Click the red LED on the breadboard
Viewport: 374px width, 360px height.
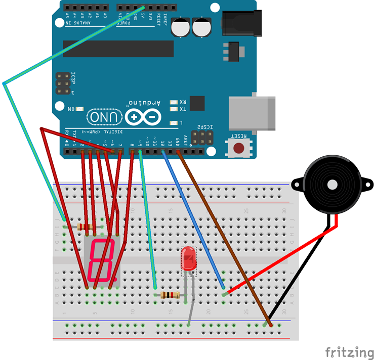(188, 258)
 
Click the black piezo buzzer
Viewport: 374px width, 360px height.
(332, 186)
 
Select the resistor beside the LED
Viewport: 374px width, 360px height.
(169, 295)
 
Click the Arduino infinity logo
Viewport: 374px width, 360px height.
(143, 117)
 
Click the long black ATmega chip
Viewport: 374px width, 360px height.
(118, 49)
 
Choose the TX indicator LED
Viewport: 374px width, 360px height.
(175, 109)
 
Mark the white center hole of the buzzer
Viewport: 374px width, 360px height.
(332, 185)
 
